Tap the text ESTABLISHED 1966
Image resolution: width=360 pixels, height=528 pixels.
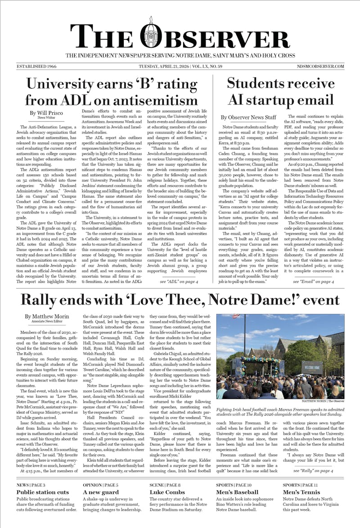[37, 66]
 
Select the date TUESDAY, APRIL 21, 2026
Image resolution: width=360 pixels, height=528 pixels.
[166, 66]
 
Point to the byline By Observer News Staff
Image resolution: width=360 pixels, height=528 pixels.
[248, 117]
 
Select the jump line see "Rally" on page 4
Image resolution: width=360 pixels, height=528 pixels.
[313, 470]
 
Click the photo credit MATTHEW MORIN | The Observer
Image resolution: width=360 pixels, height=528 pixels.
[323, 401]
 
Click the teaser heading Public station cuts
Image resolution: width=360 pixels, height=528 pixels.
[42, 492]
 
